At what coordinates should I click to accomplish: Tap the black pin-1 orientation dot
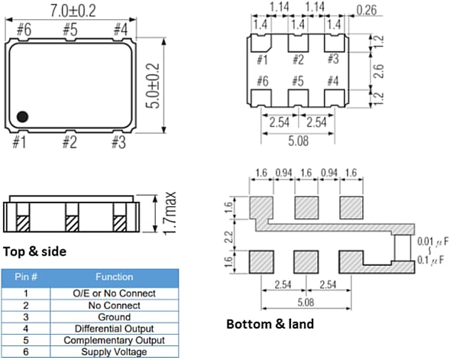point(22,116)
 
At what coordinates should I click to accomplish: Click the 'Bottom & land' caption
point(270,323)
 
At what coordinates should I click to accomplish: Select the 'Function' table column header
point(114,277)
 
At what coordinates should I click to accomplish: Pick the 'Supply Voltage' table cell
point(114,352)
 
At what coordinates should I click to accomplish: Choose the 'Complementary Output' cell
point(114,340)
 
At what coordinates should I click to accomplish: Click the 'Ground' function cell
point(114,316)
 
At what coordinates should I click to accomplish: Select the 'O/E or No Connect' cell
point(114,293)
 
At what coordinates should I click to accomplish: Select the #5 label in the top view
point(70,30)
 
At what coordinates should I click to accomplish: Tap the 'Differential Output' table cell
point(114,329)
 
